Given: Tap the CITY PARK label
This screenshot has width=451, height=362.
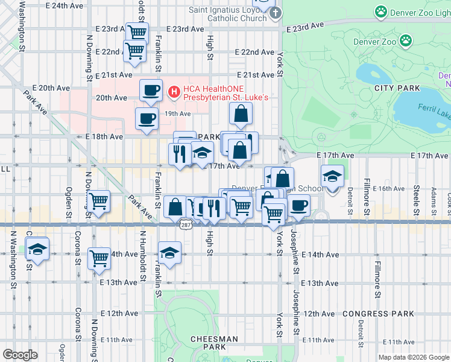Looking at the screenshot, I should coord(396,88).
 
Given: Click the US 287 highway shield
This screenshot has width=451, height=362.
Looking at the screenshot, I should coord(186,223).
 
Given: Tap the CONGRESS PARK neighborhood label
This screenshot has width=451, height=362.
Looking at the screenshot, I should coord(378,314).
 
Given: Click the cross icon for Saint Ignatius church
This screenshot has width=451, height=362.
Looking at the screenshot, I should coord(275,13).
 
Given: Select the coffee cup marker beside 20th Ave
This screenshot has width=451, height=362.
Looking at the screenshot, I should coord(151,91).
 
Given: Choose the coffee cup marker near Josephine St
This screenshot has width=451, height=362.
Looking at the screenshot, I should coord(298,205).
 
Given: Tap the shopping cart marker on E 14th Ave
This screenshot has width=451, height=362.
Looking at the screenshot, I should coord(99,258).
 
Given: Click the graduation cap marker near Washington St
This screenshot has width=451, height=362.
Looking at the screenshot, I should coord(37,249).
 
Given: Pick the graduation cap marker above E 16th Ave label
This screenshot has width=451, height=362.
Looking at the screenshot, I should coord(332,176).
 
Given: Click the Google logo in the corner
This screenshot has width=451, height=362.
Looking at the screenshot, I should coord(20,355).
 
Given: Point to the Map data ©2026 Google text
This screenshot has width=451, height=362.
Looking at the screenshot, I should coord(413,357).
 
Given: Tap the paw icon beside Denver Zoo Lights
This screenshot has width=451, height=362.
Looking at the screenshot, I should coord(380,11).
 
